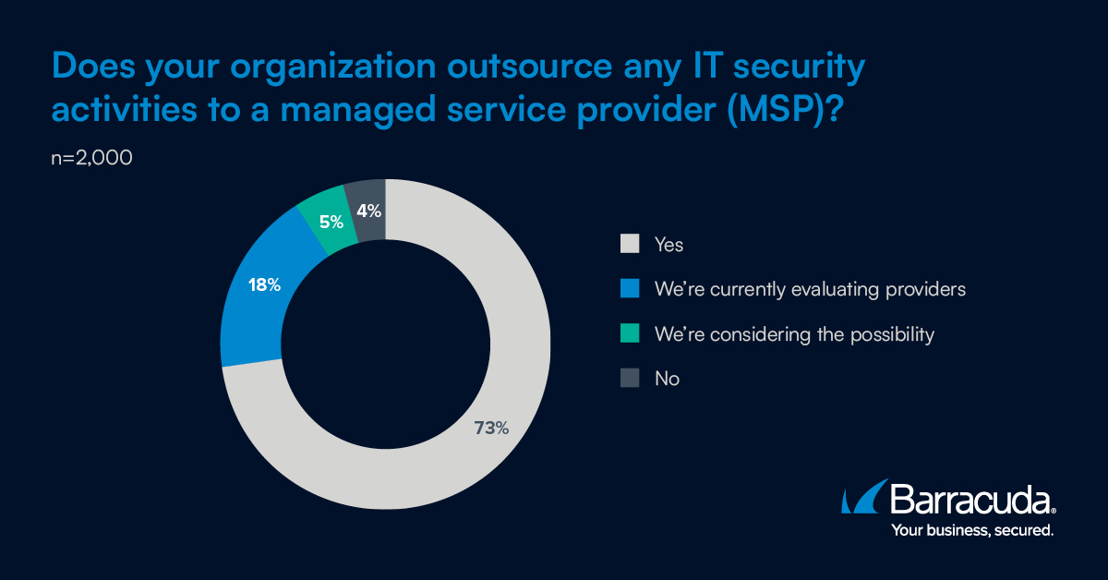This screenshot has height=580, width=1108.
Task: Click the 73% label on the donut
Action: click(x=489, y=428)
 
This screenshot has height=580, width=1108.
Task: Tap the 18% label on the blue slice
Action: click(x=264, y=285)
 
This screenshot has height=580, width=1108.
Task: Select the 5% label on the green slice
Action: click(x=331, y=222)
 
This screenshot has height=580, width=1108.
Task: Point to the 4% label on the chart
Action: click(x=369, y=211)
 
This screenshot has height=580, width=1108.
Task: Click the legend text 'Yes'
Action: click(x=668, y=245)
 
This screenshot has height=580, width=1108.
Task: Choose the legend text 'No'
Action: click(x=667, y=379)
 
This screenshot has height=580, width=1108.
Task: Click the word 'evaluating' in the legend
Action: click(x=826, y=289)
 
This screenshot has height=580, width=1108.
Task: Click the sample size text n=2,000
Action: click(x=92, y=158)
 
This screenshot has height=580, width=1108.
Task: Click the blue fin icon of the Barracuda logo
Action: click(x=862, y=498)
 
